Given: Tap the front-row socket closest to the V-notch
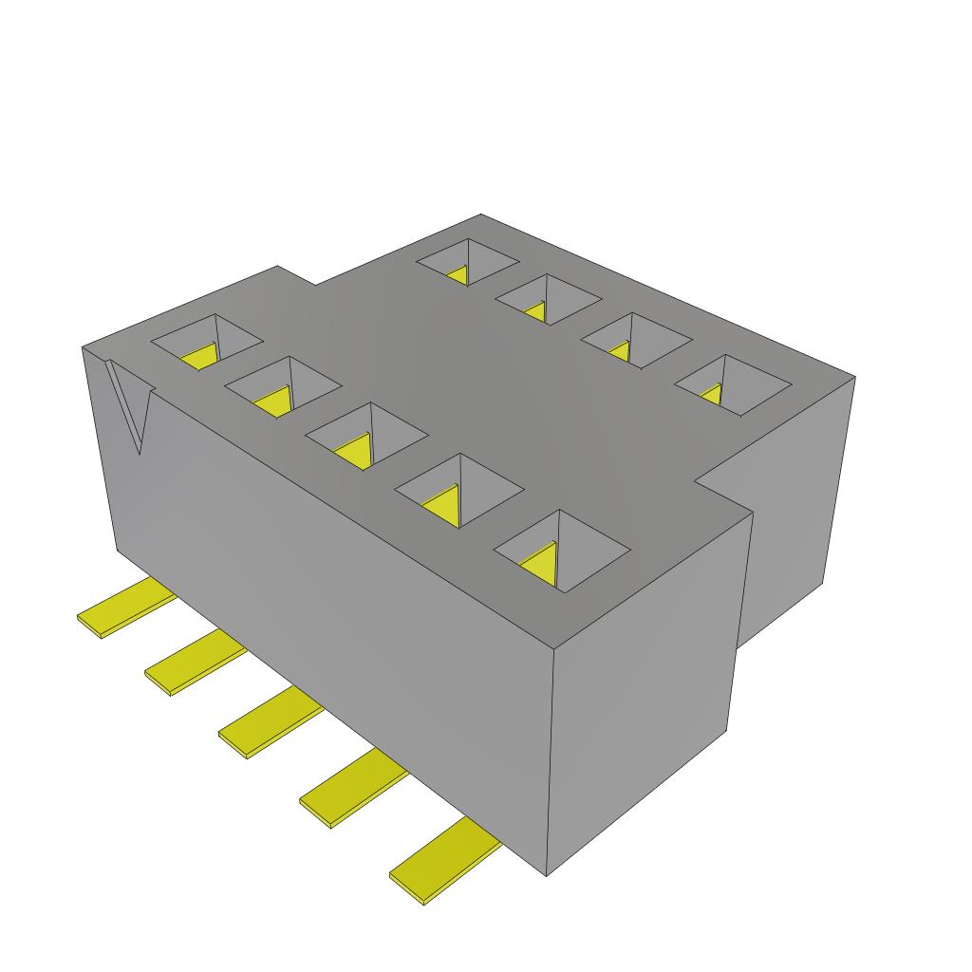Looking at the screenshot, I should point(207,342).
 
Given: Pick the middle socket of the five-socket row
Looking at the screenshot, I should point(365,436).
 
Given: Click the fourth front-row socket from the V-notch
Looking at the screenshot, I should point(458,490).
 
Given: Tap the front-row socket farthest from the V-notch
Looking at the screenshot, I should point(561,551).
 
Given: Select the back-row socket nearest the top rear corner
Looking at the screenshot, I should point(468,262).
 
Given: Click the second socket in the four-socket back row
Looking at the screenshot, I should point(548,298).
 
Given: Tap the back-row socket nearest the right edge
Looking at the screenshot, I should point(732,385).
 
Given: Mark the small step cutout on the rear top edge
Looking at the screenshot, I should point(296,275).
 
